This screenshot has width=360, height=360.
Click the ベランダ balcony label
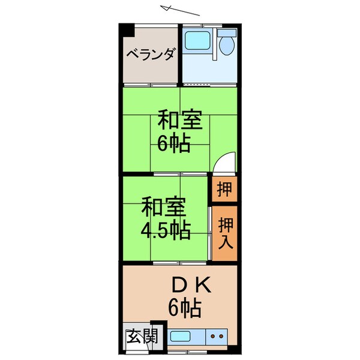151,55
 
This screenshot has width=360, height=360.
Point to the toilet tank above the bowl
227,34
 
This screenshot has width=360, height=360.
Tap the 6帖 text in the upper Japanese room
174,143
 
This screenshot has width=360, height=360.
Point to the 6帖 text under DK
184,310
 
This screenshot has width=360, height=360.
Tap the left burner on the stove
215,337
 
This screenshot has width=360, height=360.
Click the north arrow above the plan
180,10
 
